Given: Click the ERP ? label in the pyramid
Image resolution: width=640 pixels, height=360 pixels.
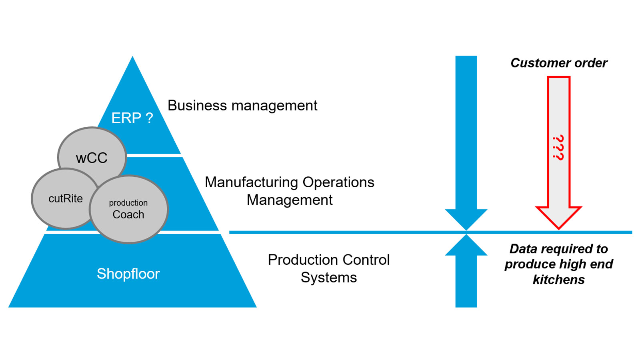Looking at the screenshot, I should pos(132,118).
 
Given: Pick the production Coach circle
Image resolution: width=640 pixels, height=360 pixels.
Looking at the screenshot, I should pos(128,209).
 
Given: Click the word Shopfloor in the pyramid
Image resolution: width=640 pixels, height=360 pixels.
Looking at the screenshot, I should pos(128,274).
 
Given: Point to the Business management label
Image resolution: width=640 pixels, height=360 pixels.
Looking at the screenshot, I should pos(242,106).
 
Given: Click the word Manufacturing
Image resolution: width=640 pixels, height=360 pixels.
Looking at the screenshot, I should pos(252,182).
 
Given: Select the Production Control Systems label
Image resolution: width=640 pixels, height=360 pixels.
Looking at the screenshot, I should pos(328,268).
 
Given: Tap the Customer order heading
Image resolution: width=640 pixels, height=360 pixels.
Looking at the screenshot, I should pos(558,63).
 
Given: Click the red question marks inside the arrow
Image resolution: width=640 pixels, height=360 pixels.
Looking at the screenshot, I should pos(558,148).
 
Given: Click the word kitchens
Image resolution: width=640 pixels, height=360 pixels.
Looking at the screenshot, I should pos(558,280).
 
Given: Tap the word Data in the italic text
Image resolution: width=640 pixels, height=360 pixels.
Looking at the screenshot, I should pos(523,249).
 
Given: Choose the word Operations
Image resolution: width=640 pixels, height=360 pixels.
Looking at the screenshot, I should pos(338,182).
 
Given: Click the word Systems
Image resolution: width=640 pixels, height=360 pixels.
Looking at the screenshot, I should pos(328,278).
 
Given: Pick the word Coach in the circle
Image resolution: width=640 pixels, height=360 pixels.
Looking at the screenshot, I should pos(128,215).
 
